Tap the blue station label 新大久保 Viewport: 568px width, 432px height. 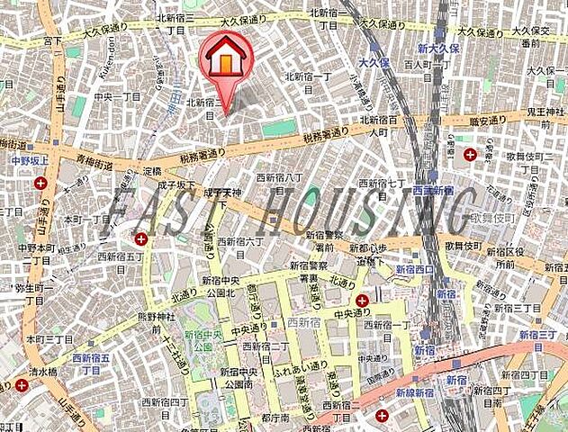pyautogui.click(x=437, y=48)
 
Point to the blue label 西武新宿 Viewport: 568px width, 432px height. pyautogui.click(x=431, y=190)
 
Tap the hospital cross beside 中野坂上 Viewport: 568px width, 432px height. pyautogui.click(x=41, y=183)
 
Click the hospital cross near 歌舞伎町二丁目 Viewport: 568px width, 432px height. pyautogui.click(x=470, y=154)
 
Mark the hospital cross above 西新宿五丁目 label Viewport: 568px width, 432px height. pyautogui.click(x=141, y=239)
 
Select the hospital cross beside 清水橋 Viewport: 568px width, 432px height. pyautogui.click(x=22, y=385)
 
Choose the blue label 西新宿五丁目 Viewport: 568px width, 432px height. pyautogui.click(x=91, y=363)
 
